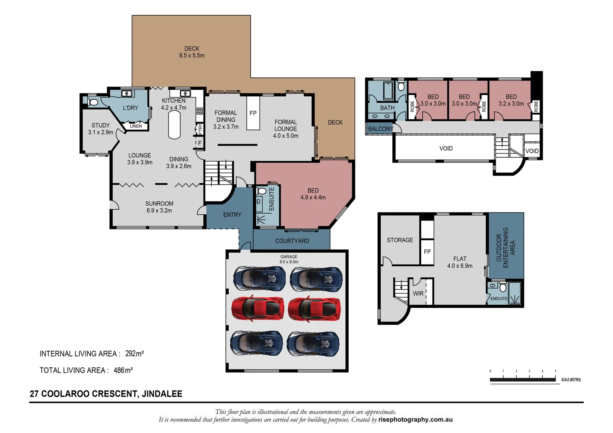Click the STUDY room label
click(100, 125)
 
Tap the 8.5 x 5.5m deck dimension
click(192, 56)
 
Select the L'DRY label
click(130, 108)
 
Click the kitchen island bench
click(174, 125)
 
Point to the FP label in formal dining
click(253, 113)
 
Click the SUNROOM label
click(159, 204)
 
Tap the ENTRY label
click(232, 215)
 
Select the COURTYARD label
click(292, 241)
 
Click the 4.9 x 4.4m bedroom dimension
click(313, 198)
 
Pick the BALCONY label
click(380, 129)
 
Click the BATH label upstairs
click(387, 108)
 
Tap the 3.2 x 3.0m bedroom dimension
click(511, 104)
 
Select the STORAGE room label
click(400, 240)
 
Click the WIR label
click(418, 293)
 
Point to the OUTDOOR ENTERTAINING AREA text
click(505, 248)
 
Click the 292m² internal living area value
click(134, 354)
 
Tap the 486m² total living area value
click(123, 370)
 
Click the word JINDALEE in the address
click(162, 394)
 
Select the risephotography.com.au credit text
click(415, 420)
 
